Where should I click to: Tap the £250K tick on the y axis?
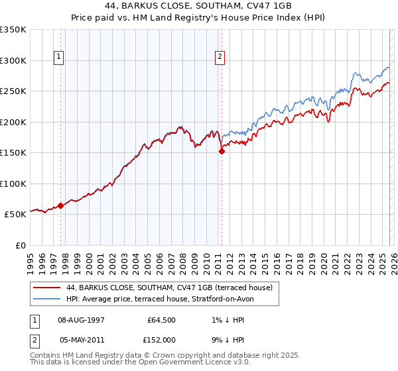point(13,91)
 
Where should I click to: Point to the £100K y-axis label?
point(13,184)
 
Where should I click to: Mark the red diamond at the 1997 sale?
point(61,205)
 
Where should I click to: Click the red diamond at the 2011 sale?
point(222,151)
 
